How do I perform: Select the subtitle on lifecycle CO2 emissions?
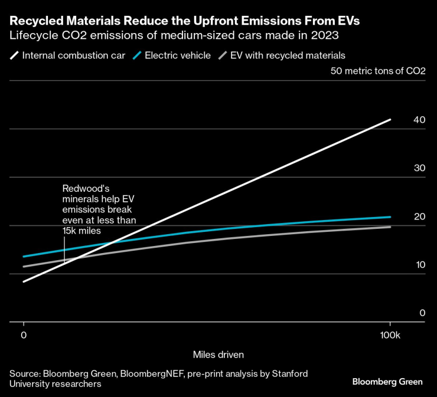[174, 37]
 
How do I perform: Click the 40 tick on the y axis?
[419, 120]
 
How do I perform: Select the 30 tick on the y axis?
[419, 168]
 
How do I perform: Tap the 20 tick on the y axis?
[419, 216]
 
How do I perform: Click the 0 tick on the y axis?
[422, 313]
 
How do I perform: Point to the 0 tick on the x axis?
[23, 335]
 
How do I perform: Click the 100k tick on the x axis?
[390, 335]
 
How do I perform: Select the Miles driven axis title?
[218, 355]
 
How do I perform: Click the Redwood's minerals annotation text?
[100, 209]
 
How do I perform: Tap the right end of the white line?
[390, 120]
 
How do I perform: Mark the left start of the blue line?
[24, 257]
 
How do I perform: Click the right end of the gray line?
[390, 227]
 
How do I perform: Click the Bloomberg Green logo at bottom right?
[387, 382]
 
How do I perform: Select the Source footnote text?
[158, 379]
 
